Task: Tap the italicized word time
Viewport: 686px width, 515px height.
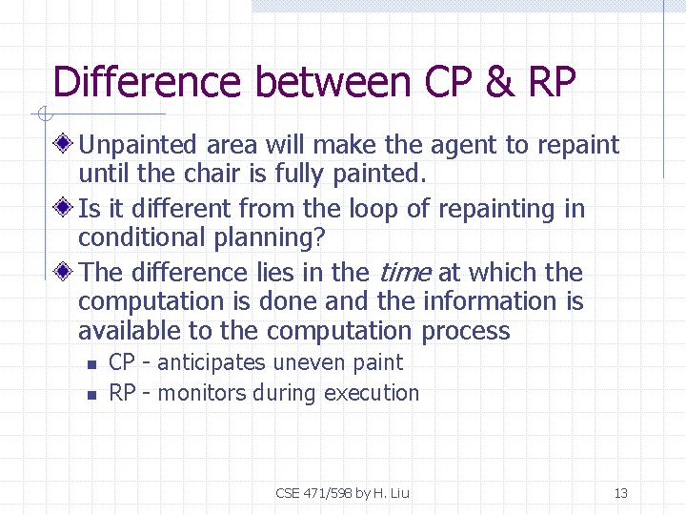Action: [405, 273]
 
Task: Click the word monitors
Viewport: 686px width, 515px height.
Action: [202, 393]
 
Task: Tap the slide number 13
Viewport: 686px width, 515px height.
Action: [621, 493]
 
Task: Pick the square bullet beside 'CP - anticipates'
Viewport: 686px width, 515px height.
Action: [91, 363]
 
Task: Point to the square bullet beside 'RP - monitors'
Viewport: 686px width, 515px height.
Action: [91, 394]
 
